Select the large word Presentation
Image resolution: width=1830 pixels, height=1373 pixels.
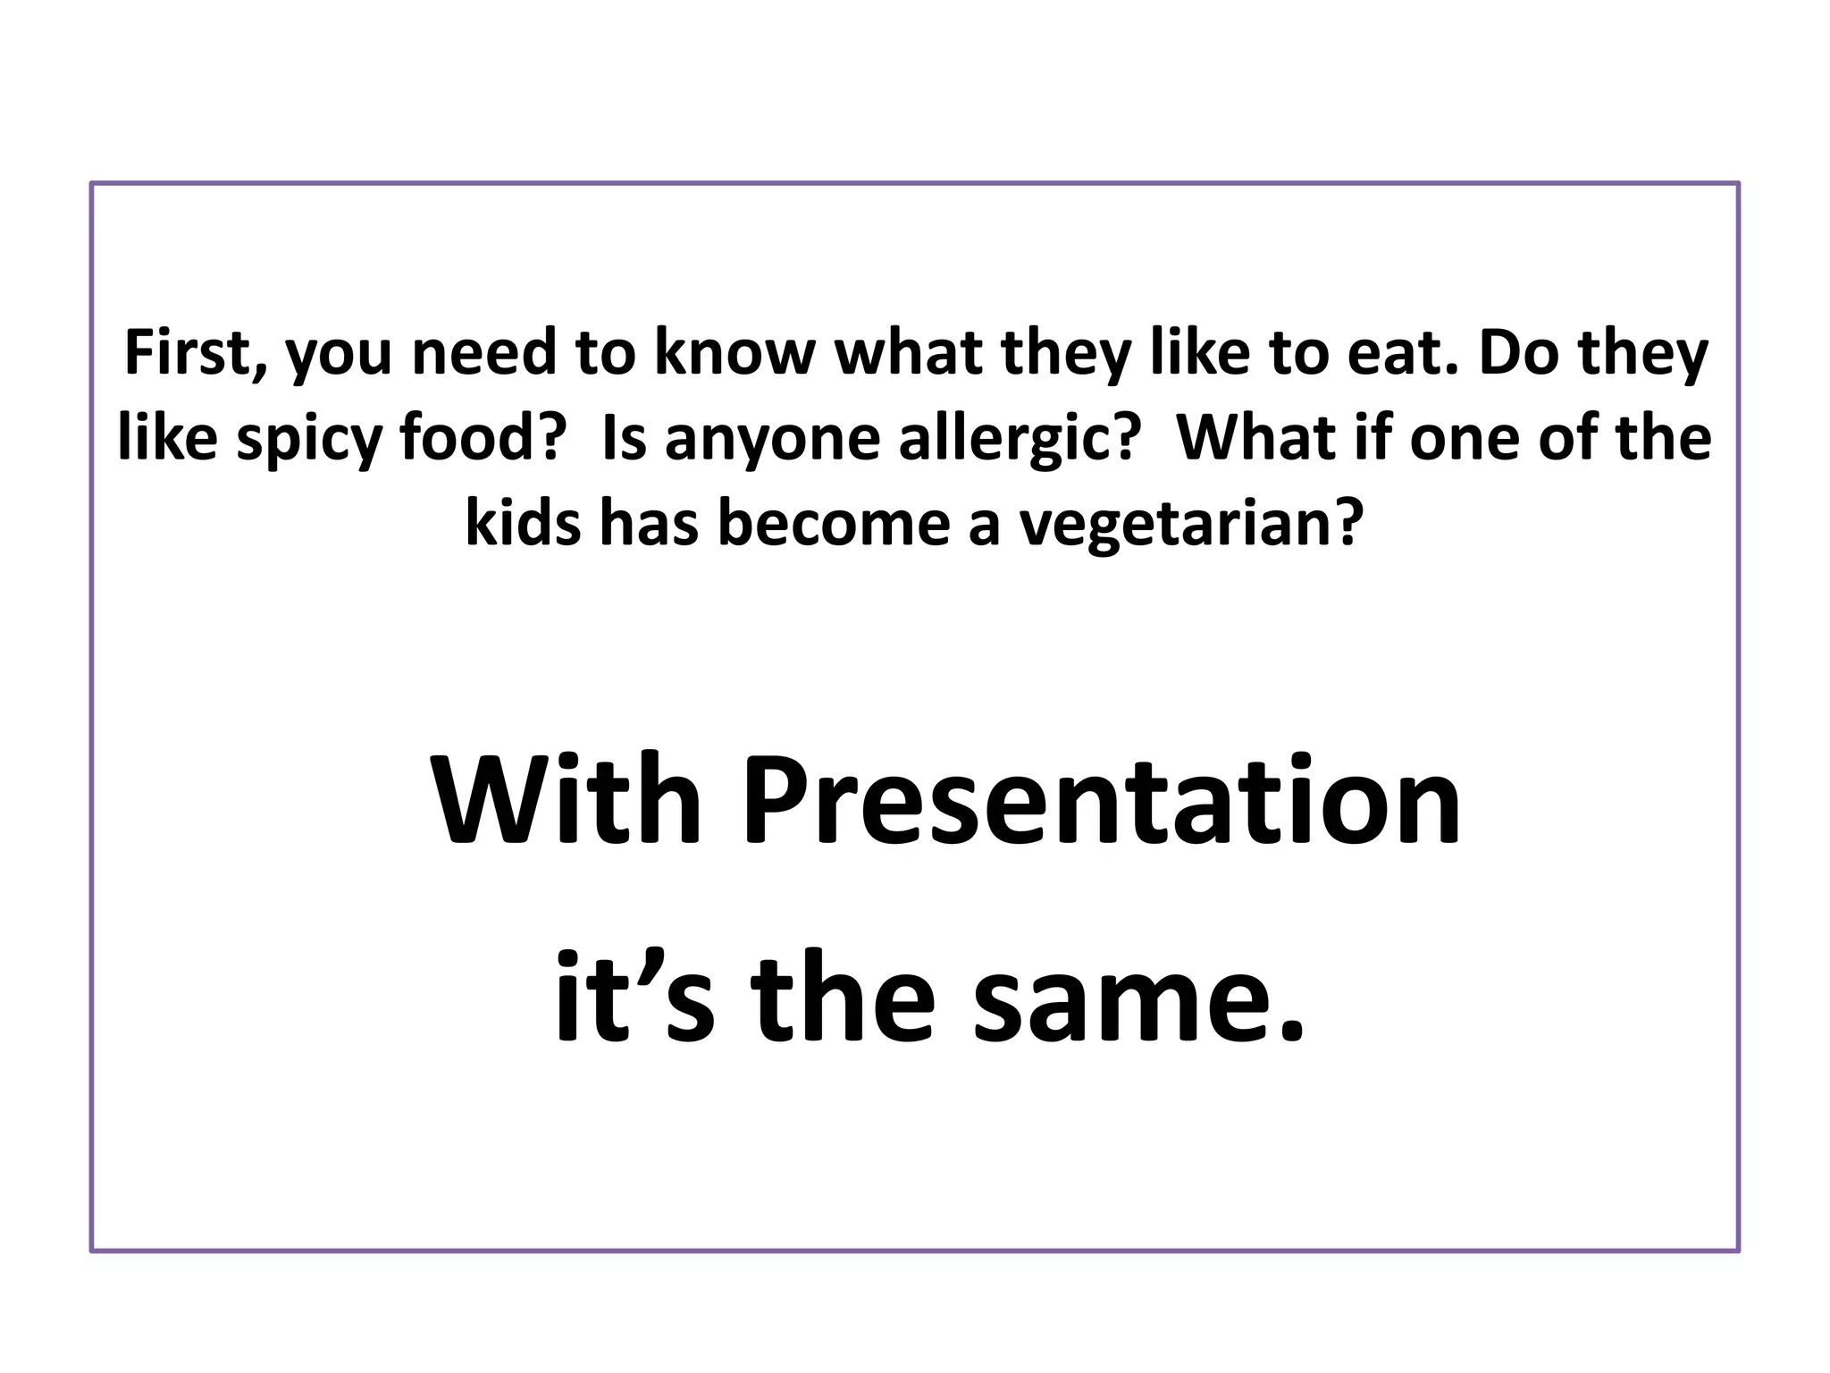tap(1102, 802)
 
